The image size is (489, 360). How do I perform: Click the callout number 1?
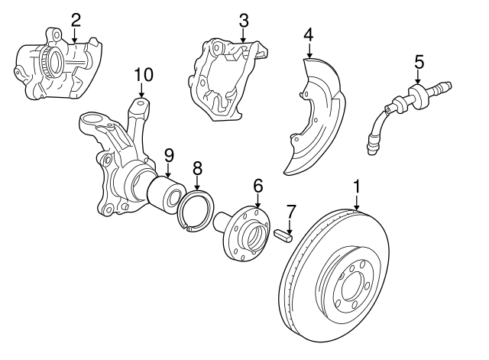(356, 186)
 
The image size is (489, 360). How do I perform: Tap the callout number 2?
(75, 19)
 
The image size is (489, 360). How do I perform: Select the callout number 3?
(244, 19)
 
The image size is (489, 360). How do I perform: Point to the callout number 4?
(308, 34)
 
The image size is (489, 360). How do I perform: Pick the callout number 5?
(419, 60)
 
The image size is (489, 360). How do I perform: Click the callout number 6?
(257, 185)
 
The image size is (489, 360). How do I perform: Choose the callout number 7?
(290, 210)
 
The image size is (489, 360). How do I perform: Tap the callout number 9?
(169, 155)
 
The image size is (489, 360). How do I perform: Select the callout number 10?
(144, 75)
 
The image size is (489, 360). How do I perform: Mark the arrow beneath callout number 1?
(356, 203)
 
